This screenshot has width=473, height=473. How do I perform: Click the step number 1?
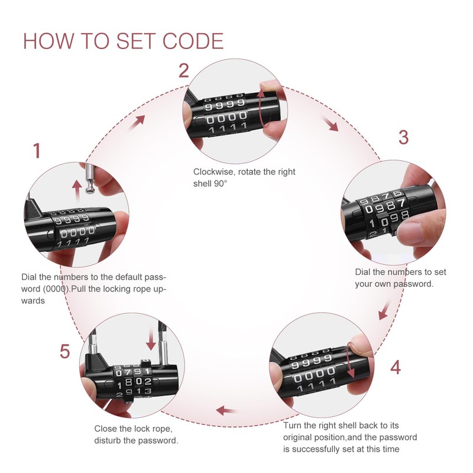click(x=37, y=151)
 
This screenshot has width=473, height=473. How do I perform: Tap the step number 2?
click(x=184, y=71)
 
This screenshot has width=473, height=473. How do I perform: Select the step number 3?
click(x=403, y=137)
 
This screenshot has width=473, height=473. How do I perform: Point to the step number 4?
click(x=396, y=367)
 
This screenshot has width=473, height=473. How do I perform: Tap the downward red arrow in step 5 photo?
click(x=151, y=339)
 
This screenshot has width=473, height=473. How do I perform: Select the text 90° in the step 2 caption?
click(x=221, y=184)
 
